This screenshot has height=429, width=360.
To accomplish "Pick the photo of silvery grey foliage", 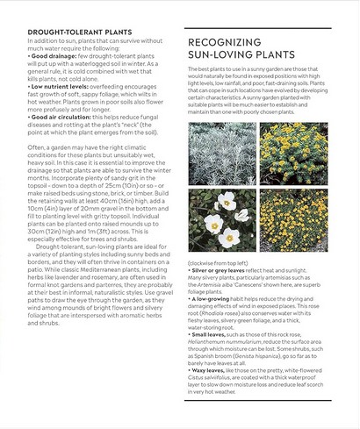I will (x=222, y=153).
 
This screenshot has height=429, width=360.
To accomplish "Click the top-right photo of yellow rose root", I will (x=292, y=153).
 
